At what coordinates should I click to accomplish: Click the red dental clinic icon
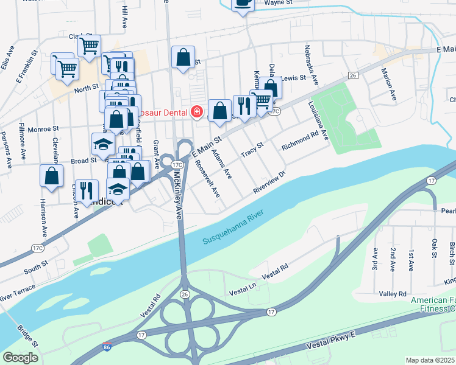[x=196, y=112]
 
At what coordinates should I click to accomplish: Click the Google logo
[x=20, y=358]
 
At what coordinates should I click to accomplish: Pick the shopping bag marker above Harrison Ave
[x=52, y=176]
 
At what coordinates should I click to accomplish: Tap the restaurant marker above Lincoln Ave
[x=87, y=190]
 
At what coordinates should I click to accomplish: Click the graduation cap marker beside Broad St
[x=103, y=144]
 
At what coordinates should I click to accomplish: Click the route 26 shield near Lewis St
[x=352, y=75]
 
